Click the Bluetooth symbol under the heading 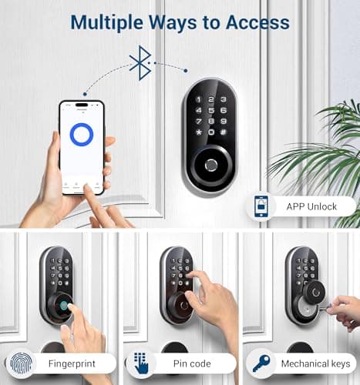pyautogui.click(x=140, y=62)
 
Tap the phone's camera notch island pyautogui.click(x=81, y=104)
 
